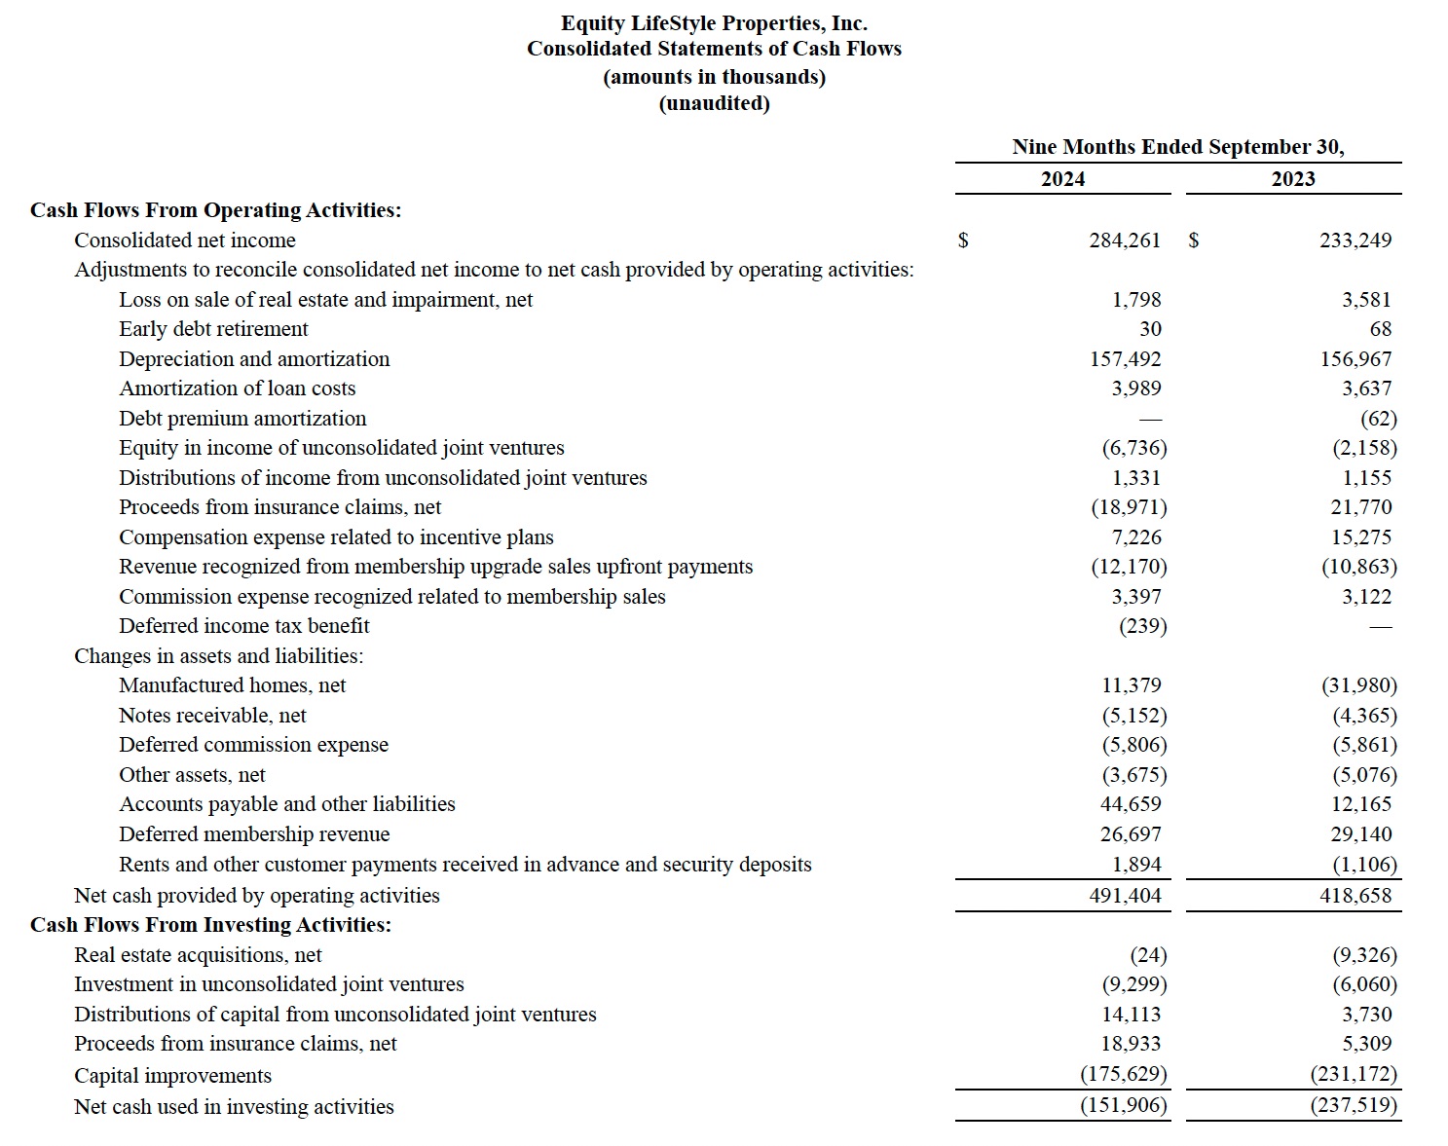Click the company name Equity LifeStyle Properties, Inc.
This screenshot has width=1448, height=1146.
[x=714, y=23]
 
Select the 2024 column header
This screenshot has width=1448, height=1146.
[x=1062, y=179]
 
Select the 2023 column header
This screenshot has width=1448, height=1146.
[x=1292, y=179]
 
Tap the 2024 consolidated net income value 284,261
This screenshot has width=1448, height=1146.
[x=1125, y=240]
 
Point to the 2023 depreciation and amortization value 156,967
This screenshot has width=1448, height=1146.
[x=1355, y=359]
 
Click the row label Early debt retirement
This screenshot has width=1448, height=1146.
[x=213, y=329]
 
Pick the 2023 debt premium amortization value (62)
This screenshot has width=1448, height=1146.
[x=1378, y=419]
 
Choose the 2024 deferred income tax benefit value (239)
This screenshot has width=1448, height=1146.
[x=1142, y=626]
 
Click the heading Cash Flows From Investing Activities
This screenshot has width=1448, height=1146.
[x=210, y=925]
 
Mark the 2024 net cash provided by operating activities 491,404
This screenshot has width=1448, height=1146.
[x=1125, y=896]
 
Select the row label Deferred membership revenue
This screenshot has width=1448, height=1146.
[x=254, y=834]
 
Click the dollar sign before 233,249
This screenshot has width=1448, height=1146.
[x=1194, y=240]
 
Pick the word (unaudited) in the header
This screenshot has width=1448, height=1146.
[x=714, y=103]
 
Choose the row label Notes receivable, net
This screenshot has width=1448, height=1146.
[x=212, y=716]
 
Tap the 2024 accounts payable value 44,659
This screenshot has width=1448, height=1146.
[x=1131, y=804]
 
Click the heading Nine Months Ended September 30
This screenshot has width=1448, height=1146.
[x=1177, y=147]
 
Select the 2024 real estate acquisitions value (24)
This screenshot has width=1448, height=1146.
[x=1148, y=955]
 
